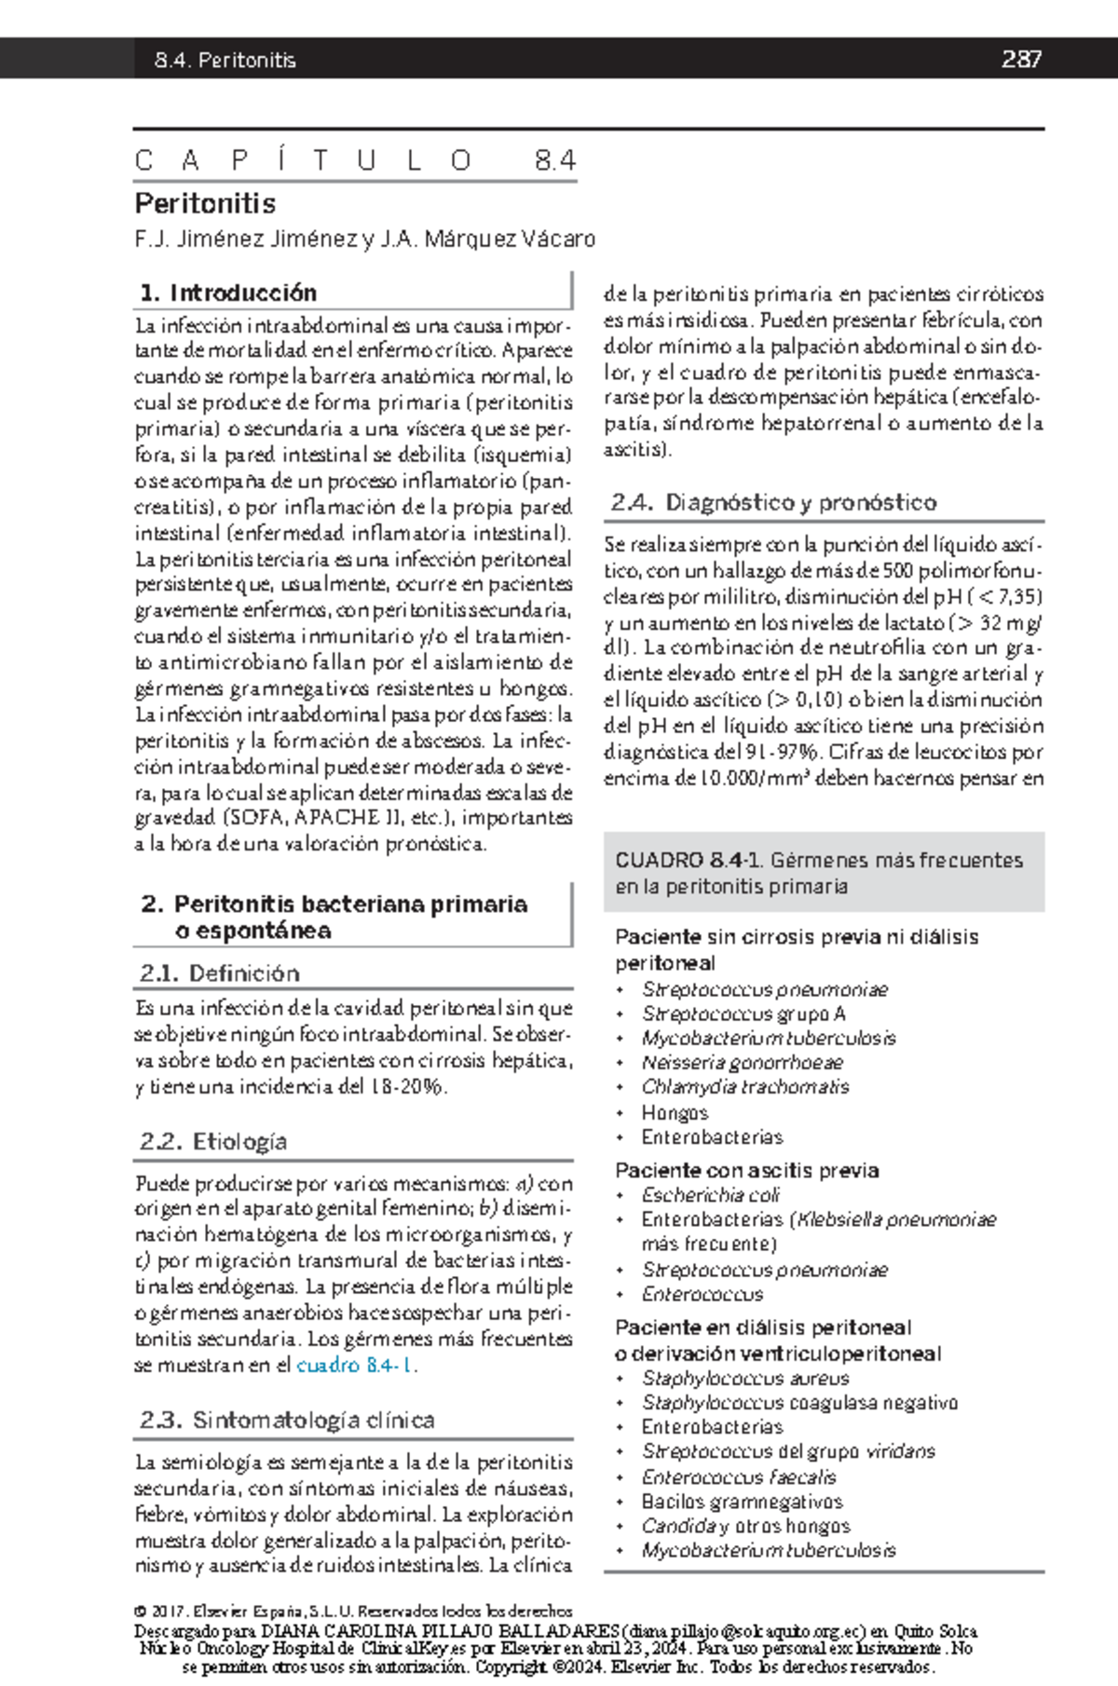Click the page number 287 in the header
point(1021,60)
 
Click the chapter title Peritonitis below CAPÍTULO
point(205,203)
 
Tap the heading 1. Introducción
point(228,292)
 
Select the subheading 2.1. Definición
point(220,973)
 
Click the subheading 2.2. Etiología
point(213,1141)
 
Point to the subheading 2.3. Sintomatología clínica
point(287,1420)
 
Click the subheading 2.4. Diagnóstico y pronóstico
point(773,502)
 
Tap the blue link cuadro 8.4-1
point(355,1366)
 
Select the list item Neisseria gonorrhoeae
point(742,1063)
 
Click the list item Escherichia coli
point(710,1195)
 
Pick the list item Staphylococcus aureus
point(744,1379)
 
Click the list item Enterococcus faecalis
point(738,1477)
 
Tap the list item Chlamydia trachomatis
point(744,1087)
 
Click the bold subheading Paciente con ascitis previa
point(746,1170)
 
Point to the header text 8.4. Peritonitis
point(225,61)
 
